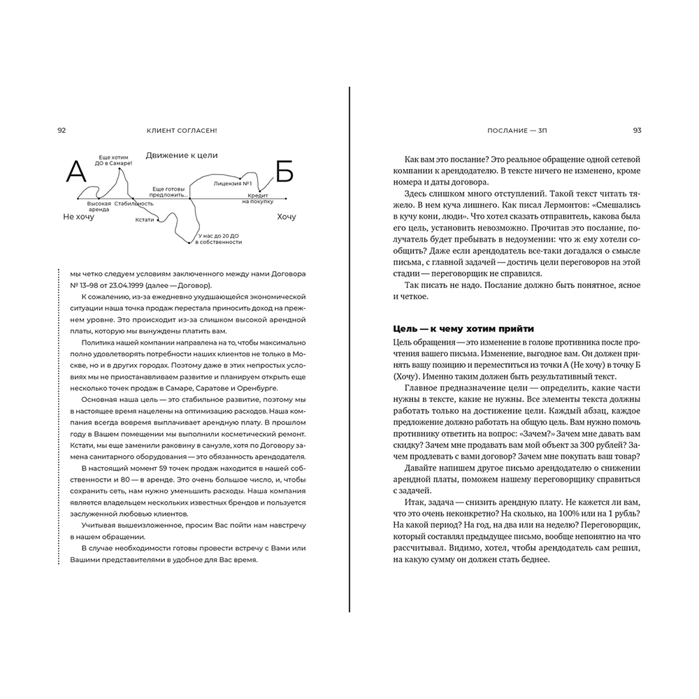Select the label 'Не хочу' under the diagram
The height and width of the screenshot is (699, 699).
[79, 217]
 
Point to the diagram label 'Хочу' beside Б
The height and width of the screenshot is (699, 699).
[287, 217]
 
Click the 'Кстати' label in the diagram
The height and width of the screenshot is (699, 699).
[144, 219]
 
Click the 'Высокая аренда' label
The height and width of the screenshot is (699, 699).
[99, 207]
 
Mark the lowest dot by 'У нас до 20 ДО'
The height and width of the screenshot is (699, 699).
[189, 243]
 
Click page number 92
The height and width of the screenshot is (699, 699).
[62, 129]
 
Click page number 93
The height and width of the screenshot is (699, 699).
[637, 129]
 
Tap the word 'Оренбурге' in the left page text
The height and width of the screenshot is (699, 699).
[258, 387]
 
